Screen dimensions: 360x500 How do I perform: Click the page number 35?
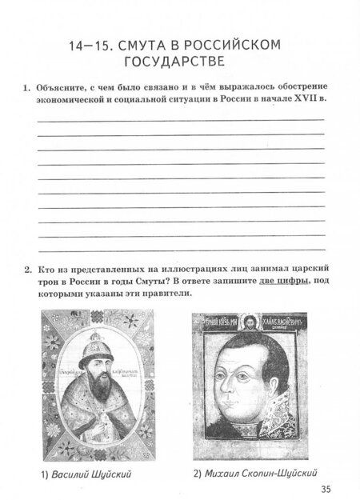click(325, 489)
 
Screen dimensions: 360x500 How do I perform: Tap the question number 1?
click(26, 86)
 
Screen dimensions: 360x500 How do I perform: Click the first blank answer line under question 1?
click(179, 119)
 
